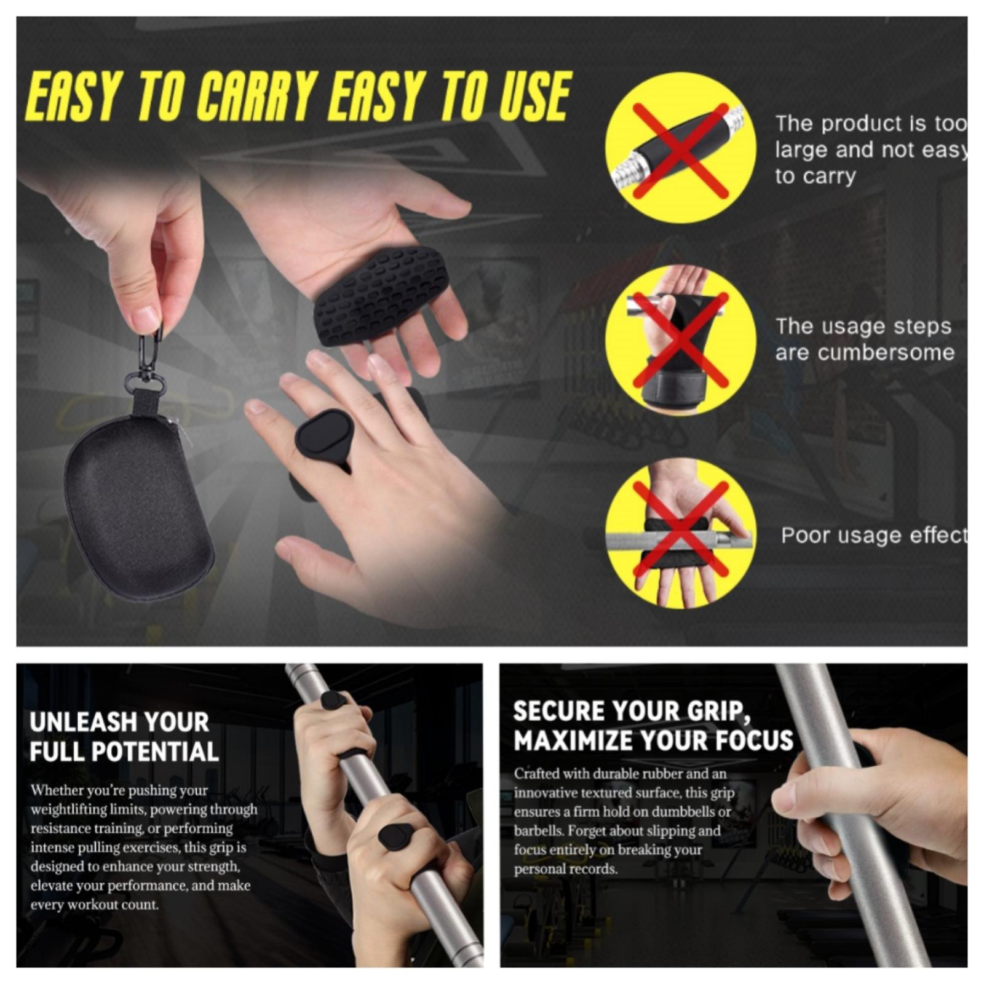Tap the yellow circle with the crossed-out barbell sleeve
click(680, 148)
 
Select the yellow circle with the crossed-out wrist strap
click(680, 341)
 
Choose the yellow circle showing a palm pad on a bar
click(680, 534)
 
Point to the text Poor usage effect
click(873, 535)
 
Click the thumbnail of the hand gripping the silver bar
click(733, 815)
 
